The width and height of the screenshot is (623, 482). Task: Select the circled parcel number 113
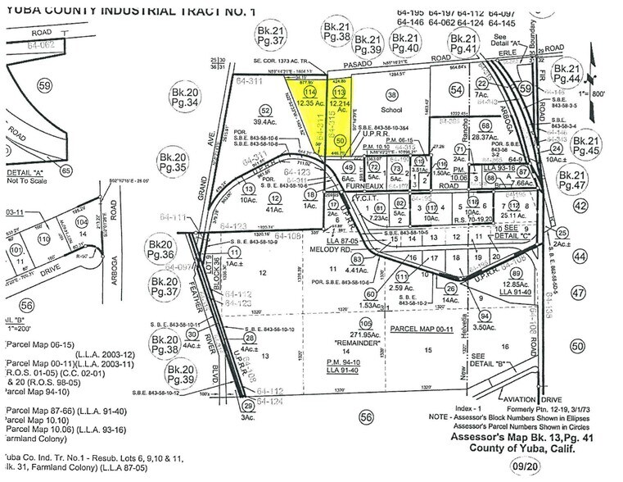[339, 93]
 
